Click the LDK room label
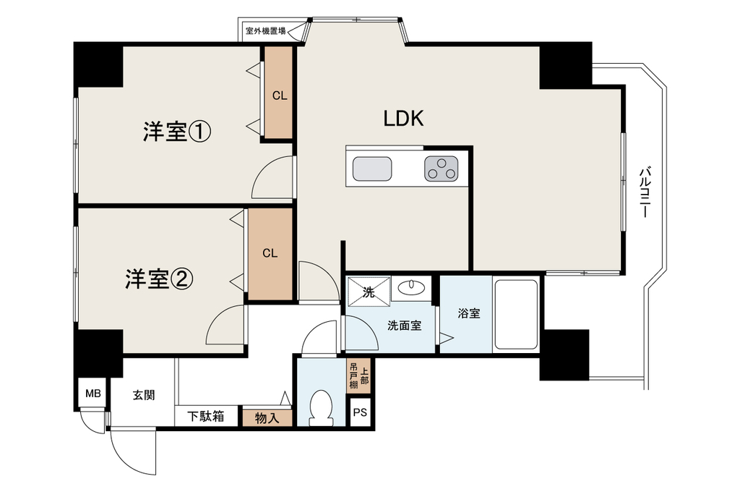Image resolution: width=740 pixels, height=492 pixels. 403,118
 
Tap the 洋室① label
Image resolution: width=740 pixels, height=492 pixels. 177,132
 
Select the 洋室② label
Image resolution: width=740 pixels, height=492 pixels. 159,279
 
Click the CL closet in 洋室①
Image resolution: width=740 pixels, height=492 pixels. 278,93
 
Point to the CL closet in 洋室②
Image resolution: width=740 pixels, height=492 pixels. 270,254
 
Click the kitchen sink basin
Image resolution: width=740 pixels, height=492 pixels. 372,169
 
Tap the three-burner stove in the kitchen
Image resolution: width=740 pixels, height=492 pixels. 442,169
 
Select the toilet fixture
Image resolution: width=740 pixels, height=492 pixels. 321,407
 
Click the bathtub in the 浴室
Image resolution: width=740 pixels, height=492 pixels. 516,315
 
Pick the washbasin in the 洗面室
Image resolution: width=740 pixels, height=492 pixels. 411,287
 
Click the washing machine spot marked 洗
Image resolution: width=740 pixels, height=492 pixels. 369,292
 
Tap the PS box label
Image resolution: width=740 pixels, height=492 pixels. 360,412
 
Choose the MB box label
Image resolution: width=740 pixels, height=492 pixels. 93,393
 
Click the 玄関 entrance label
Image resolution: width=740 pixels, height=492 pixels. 144,395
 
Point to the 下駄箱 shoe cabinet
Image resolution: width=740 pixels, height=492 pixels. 206,416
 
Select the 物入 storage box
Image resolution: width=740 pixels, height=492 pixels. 267,417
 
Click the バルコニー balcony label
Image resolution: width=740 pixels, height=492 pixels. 645,192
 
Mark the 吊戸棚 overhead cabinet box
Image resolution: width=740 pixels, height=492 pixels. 359,376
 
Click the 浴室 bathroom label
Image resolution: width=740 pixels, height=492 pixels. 469,313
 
